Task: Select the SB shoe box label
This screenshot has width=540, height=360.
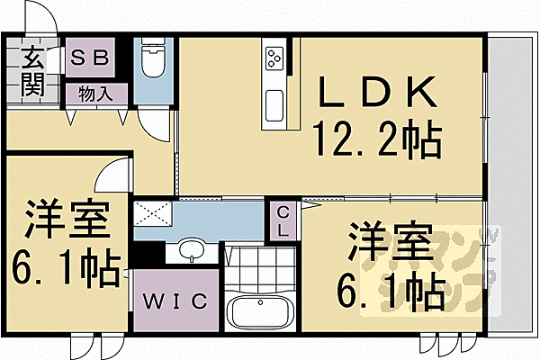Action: (x=90, y=58)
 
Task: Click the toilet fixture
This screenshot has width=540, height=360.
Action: (x=153, y=63)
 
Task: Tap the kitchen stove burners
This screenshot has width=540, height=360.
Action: (x=274, y=58)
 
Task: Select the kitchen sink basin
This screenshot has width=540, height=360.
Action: (x=274, y=101)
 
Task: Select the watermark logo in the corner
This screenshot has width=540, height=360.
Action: (x=490, y=269)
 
